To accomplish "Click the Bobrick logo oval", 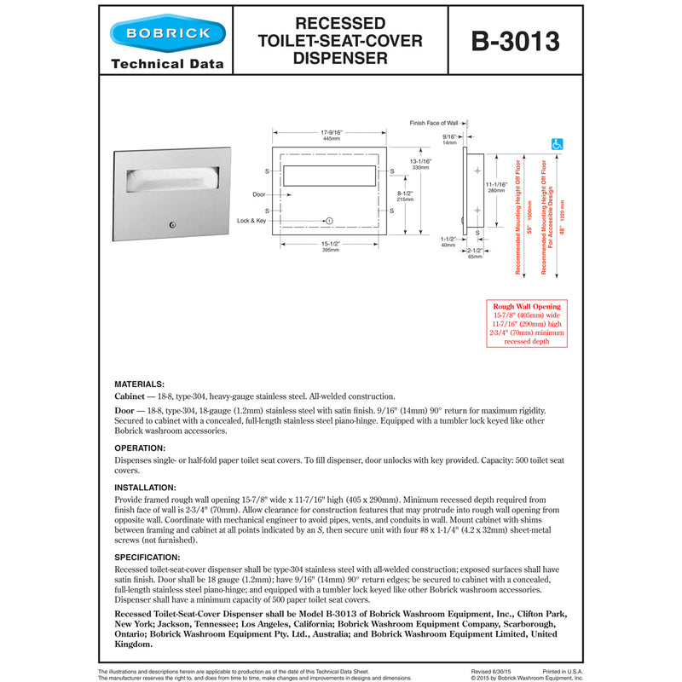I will pyautogui.click(x=167, y=35).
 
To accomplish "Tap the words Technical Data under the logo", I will pyautogui.click(x=167, y=64).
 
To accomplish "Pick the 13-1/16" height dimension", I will pyautogui.click(x=419, y=164).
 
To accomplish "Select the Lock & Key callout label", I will pyautogui.click(x=252, y=221).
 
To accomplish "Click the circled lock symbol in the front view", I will pyautogui.click(x=330, y=221).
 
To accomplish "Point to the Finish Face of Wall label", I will pyautogui.click(x=433, y=123).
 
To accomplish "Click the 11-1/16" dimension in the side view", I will pyautogui.click(x=496, y=188).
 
